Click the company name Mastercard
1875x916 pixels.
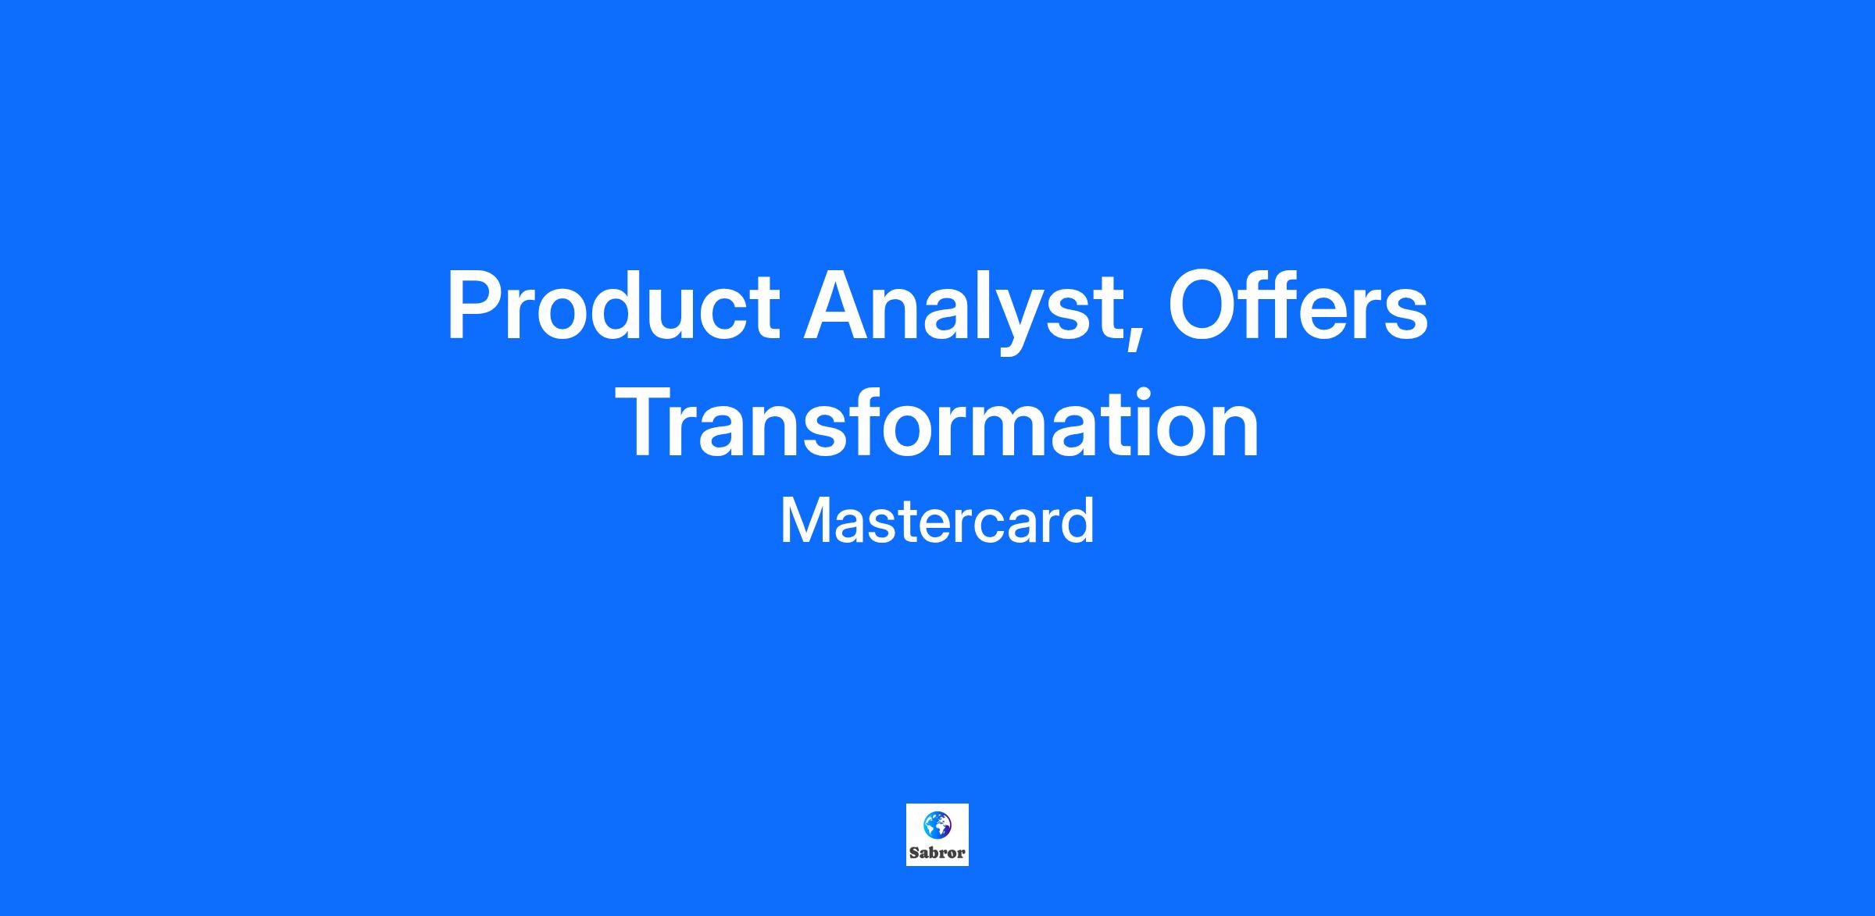(937, 522)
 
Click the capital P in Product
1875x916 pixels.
(476, 305)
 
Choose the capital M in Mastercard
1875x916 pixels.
(805, 522)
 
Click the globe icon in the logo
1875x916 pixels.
(937, 824)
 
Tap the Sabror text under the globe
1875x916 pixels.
(937, 853)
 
